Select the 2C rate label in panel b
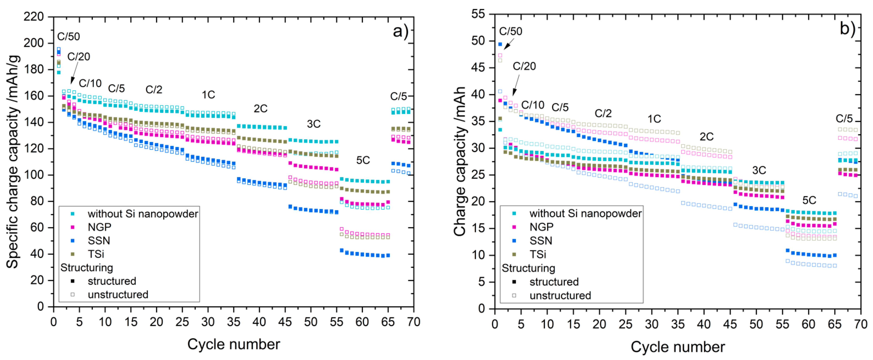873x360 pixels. pyautogui.click(x=707, y=137)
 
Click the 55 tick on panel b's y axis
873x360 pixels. pyautogui.click(x=478, y=14)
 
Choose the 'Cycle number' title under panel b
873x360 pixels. pyautogui.click(x=678, y=347)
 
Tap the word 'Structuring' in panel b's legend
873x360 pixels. pyautogui.click(x=528, y=268)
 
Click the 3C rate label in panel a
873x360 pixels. pyautogui.click(x=314, y=124)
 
